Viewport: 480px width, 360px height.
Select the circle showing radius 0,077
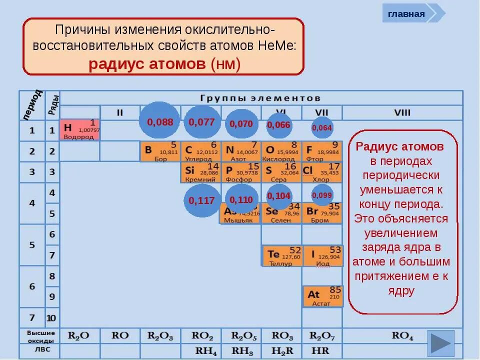(201, 121)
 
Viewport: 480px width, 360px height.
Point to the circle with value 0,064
(322, 127)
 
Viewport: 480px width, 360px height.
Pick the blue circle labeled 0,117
(201, 200)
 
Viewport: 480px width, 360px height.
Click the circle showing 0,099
(322, 195)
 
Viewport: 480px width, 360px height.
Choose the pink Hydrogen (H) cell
(79, 129)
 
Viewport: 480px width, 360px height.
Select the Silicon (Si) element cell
(200, 172)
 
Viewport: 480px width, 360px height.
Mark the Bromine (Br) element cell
(322, 213)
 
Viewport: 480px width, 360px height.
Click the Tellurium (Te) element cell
(282, 255)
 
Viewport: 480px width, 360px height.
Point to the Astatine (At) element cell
(322, 296)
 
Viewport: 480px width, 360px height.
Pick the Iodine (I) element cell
(322, 255)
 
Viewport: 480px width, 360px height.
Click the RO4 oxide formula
(402, 336)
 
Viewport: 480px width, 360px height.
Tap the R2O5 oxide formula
(241, 336)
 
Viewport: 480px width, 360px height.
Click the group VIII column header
(402, 112)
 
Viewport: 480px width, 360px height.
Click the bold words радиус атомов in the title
(147, 64)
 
